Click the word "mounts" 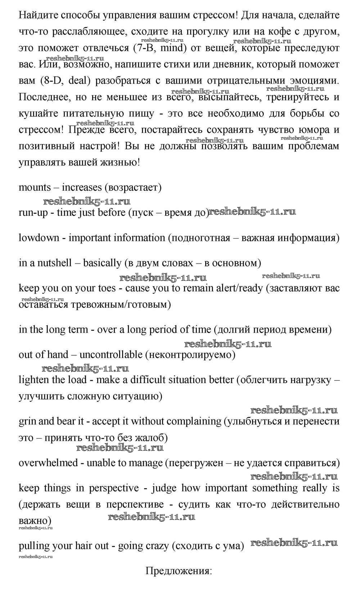tap(35, 188)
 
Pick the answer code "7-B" tap(144, 48)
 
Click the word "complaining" tap(194, 422)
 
